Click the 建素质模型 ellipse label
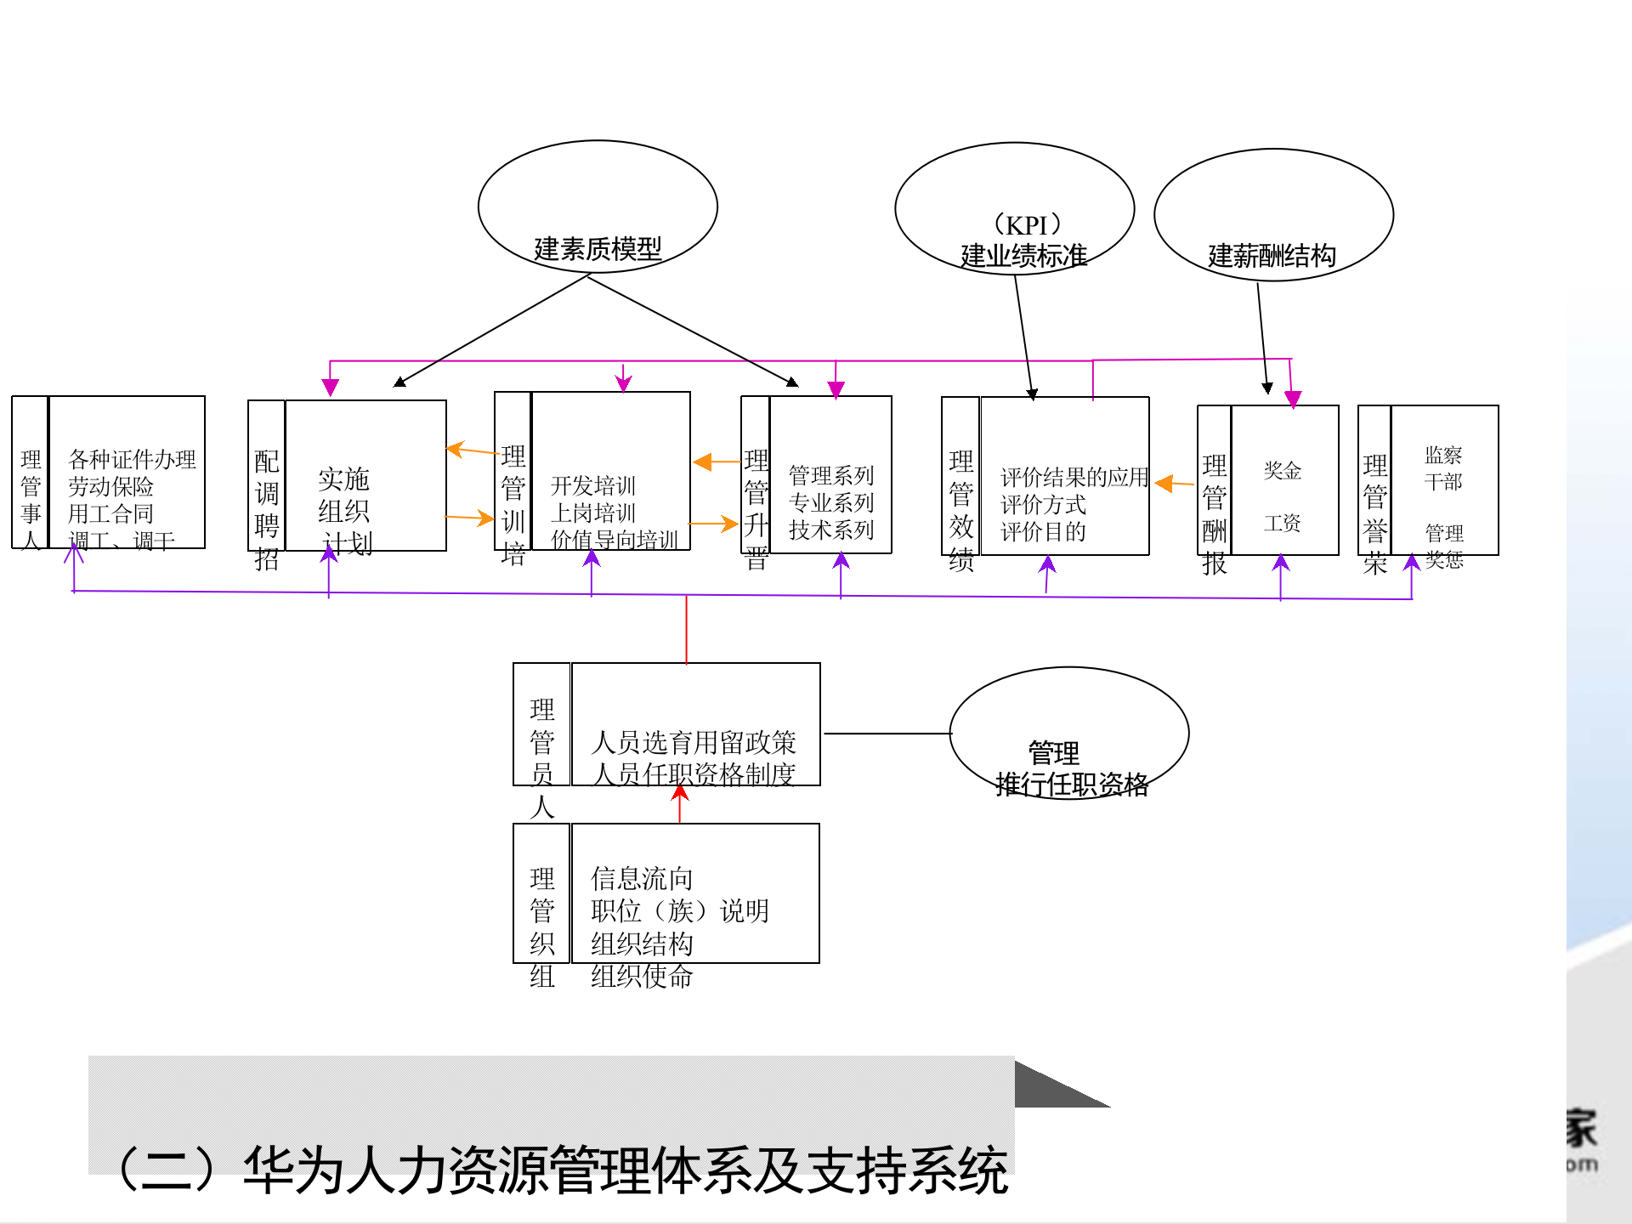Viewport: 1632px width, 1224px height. click(x=598, y=249)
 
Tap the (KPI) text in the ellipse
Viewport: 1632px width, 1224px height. click(x=1027, y=225)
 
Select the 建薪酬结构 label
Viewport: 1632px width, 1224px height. click(x=1272, y=255)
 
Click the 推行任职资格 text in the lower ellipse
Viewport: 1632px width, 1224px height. click(x=1071, y=784)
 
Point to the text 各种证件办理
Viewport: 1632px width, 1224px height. click(x=132, y=460)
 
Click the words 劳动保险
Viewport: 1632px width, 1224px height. click(x=110, y=487)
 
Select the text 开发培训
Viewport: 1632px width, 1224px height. click(x=592, y=486)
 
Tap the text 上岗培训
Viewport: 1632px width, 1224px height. click(x=592, y=513)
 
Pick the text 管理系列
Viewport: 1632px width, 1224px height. click(x=830, y=475)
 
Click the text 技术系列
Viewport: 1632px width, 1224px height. click(x=830, y=530)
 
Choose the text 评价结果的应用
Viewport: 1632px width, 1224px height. click(x=1074, y=478)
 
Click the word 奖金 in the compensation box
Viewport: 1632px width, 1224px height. click(x=1282, y=471)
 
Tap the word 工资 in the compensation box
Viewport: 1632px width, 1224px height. click(x=1282, y=524)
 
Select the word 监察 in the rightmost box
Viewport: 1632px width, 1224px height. click(x=1443, y=456)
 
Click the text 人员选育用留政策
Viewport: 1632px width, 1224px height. click(x=694, y=743)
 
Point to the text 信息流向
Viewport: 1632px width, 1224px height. click(x=642, y=879)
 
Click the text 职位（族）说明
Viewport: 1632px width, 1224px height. click(x=679, y=911)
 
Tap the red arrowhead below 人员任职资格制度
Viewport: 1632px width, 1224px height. click(x=680, y=793)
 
